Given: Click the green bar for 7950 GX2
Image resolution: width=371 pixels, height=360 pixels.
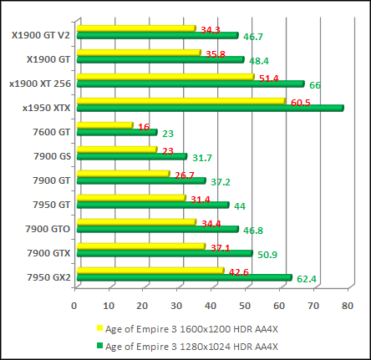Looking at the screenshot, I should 184,277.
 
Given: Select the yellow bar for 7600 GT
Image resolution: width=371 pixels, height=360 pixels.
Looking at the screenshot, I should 104,125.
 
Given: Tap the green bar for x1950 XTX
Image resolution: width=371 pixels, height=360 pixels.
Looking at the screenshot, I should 209,108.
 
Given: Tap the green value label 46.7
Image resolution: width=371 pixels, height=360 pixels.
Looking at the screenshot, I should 253,37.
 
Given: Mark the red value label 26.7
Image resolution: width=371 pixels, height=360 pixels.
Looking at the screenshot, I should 185,175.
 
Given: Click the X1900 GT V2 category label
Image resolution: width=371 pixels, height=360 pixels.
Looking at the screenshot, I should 41,35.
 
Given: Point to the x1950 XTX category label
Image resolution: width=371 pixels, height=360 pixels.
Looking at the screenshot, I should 47,107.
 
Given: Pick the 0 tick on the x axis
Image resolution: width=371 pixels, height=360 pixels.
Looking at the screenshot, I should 75,306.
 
